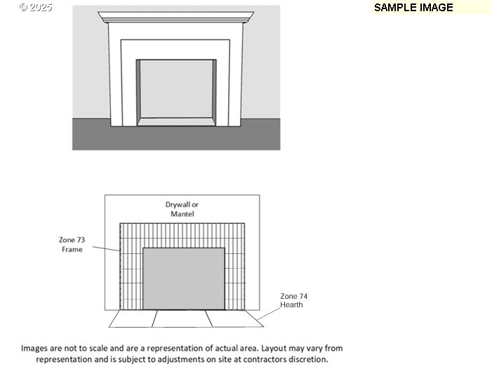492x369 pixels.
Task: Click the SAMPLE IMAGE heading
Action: pyautogui.click(x=413, y=8)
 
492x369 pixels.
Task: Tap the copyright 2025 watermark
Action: pyautogui.click(x=36, y=7)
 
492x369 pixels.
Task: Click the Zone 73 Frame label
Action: pyautogui.click(x=72, y=245)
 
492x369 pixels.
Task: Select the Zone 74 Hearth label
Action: pyautogui.click(x=293, y=300)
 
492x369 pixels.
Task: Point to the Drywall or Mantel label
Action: pyautogui.click(x=182, y=209)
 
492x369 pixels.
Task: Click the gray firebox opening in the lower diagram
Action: pyautogui.click(x=184, y=279)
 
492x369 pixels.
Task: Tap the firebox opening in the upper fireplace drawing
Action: pyautogui.click(x=176, y=89)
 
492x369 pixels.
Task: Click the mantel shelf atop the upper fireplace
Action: pyautogui.click(x=175, y=18)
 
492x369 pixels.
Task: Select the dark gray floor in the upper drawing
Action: pyautogui.click(x=176, y=138)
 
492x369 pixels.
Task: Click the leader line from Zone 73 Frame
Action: pyautogui.click(x=106, y=248)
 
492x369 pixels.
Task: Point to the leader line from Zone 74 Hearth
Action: pyautogui.click(x=268, y=314)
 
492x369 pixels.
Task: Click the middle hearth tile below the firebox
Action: pyautogui.click(x=182, y=318)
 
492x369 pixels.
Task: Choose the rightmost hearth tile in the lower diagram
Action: pyautogui.click(x=234, y=318)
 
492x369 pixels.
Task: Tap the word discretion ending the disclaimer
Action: pyautogui.click(x=313, y=359)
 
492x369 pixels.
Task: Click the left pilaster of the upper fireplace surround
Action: pyautogui.click(x=115, y=74)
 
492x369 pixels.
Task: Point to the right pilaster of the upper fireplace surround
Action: pyautogui.click(x=236, y=74)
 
